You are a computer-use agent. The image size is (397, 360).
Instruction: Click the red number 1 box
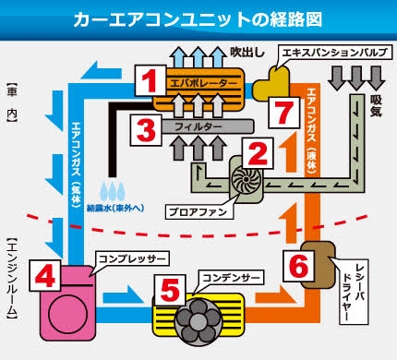150,80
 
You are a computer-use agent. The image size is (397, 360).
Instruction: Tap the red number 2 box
258,153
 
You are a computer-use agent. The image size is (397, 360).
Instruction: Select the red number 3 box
146,130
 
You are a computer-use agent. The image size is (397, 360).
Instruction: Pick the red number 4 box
45,275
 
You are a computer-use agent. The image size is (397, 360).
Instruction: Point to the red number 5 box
170,290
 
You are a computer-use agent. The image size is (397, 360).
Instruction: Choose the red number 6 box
299,265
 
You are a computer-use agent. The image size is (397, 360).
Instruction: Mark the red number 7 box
284,113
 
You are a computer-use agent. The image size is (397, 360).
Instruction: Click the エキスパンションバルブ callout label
335,53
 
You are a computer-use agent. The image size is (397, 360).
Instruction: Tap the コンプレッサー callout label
132,258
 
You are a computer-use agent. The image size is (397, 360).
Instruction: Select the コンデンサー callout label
232,278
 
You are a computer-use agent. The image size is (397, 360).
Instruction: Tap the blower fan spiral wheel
247,179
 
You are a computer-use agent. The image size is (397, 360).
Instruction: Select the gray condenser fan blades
198,320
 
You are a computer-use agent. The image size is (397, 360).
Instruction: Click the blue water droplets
113,191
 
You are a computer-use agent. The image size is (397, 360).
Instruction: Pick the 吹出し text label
247,53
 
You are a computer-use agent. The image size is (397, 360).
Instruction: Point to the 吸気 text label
376,105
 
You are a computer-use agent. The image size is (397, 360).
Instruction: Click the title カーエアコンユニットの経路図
198,19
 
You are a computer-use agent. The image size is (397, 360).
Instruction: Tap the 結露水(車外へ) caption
115,208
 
